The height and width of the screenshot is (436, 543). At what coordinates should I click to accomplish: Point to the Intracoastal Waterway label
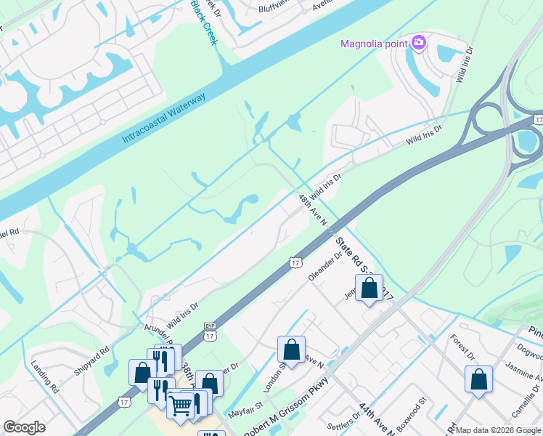164,118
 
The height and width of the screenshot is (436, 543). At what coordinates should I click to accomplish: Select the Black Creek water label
204,22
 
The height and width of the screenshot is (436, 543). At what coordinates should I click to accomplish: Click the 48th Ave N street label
313,209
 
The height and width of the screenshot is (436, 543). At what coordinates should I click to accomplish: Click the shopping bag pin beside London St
291,350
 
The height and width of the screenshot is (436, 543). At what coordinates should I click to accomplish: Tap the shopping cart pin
181,404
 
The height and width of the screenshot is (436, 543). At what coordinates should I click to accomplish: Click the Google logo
25,427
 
